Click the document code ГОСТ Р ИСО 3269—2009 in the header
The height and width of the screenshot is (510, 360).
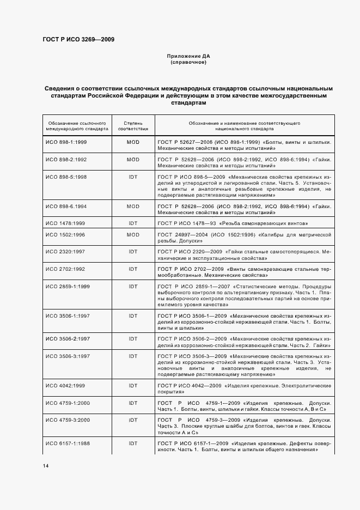(x=78, y=39)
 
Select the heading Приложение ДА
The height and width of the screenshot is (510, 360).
(x=188, y=57)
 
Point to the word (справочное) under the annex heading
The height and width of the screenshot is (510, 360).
(x=188, y=63)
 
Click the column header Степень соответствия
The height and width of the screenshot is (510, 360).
(x=133, y=126)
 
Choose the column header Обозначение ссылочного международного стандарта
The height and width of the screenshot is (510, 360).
(x=77, y=126)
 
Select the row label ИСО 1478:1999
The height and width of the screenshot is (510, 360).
(x=65, y=223)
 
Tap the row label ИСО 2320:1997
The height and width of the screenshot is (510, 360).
(x=65, y=252)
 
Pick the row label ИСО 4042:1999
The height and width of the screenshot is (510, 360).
(x=65, y=385)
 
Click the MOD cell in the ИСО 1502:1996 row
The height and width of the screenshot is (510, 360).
(x=133, y=234)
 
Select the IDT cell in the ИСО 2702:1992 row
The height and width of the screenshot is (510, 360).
(x=133, y=269)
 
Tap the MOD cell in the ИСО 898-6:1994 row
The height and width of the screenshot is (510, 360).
(x=133, y=207)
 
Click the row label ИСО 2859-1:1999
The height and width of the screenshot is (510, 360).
(x=67, y=287)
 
